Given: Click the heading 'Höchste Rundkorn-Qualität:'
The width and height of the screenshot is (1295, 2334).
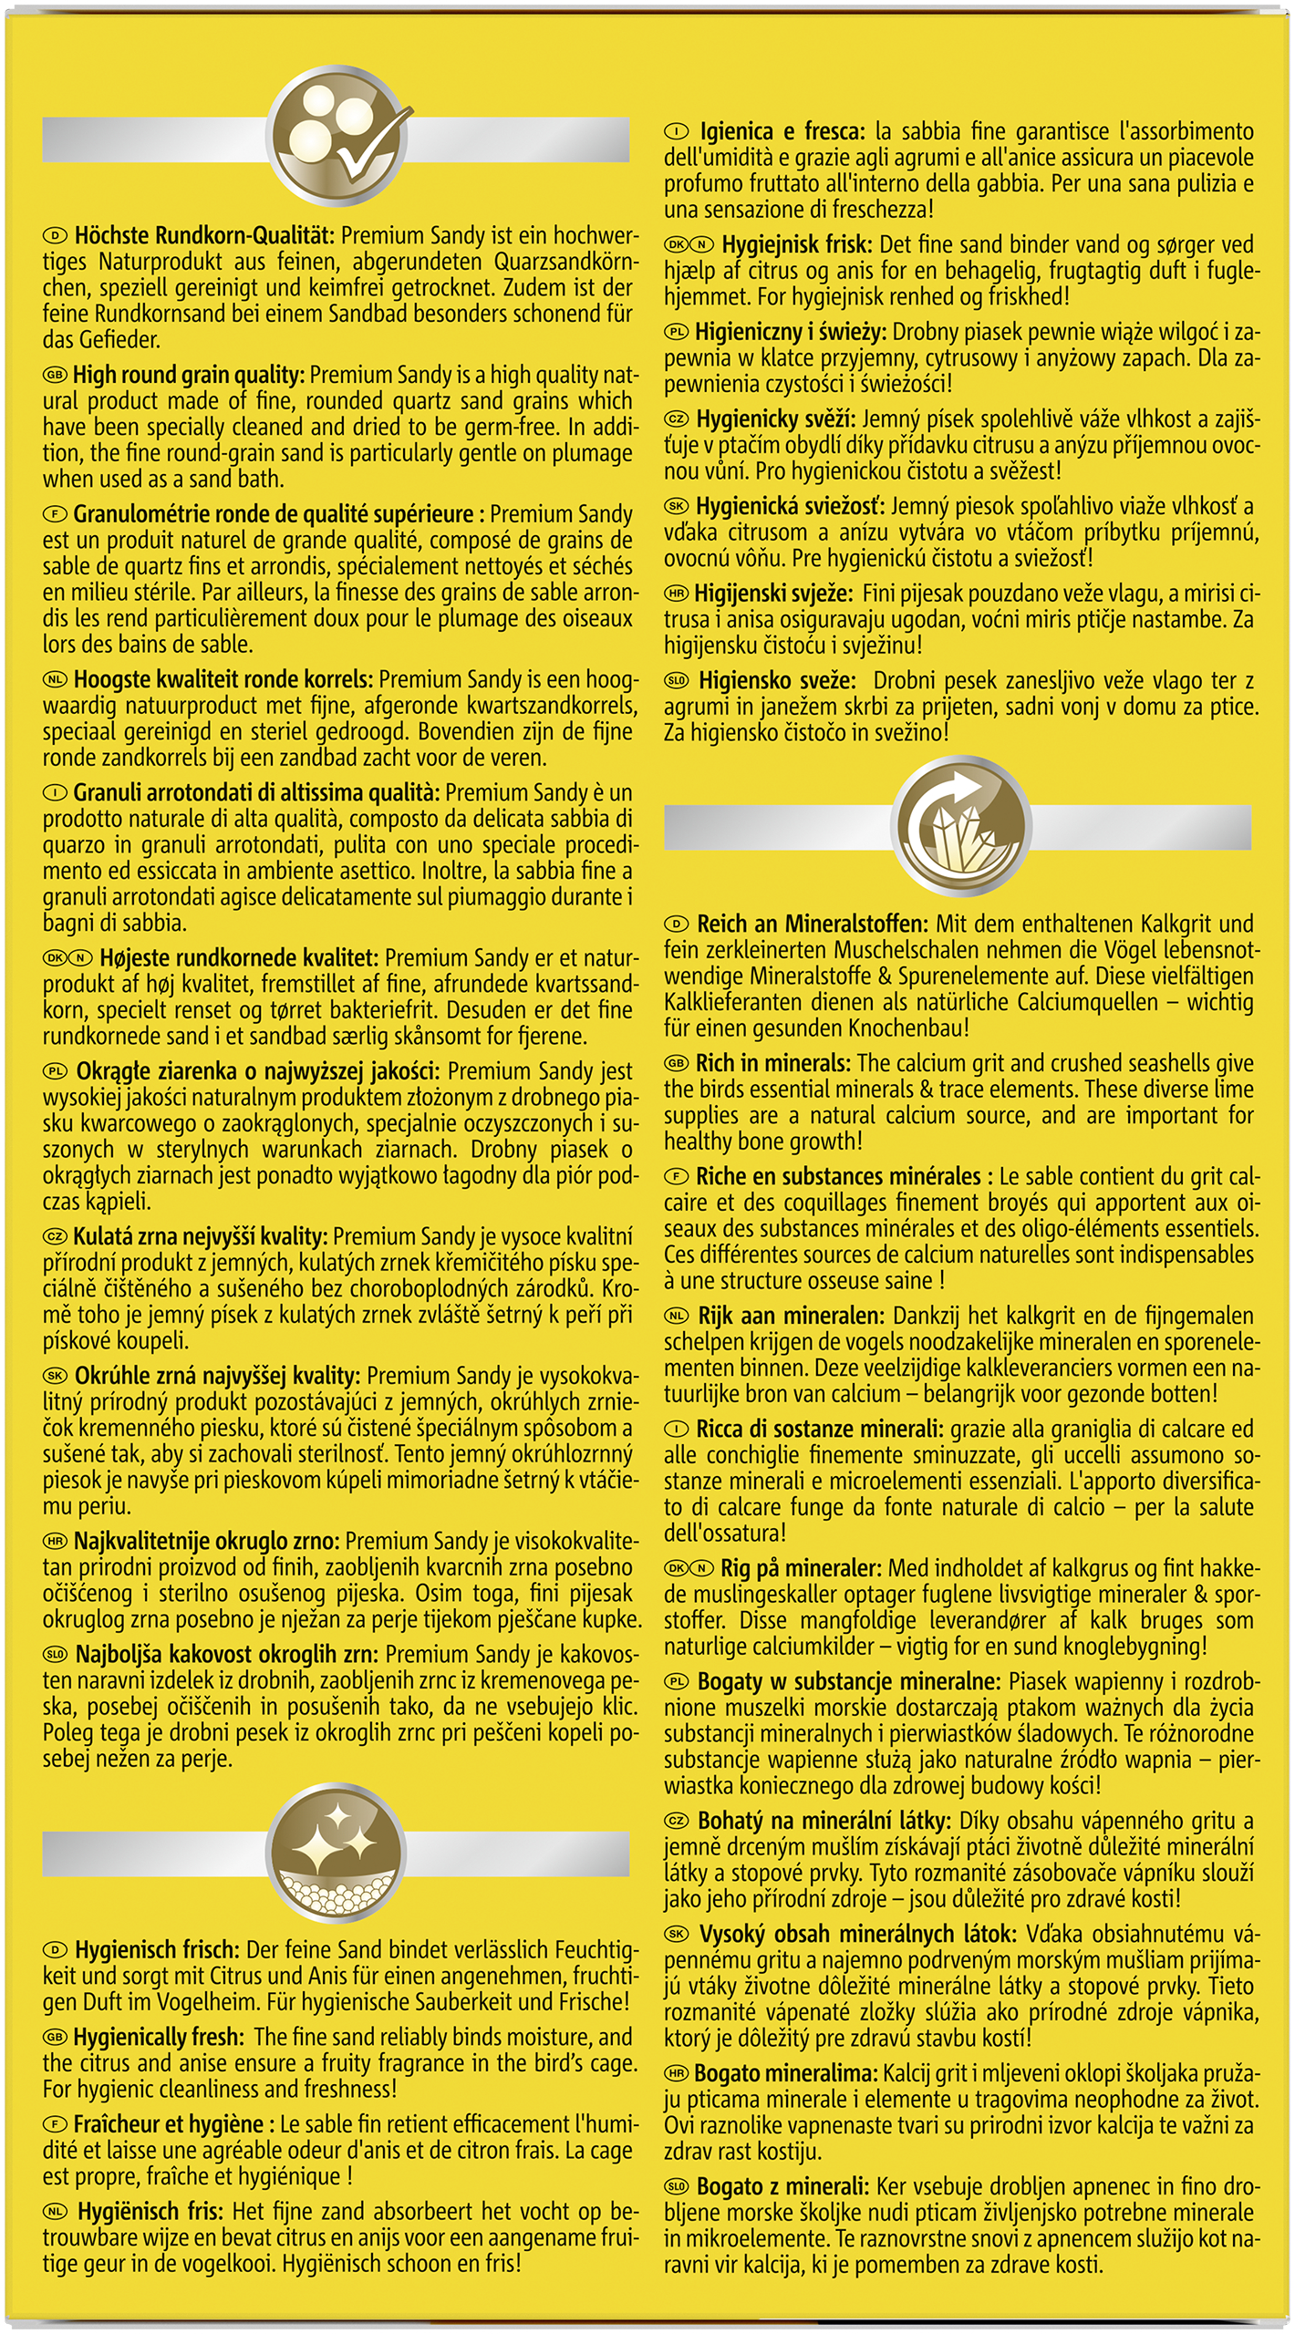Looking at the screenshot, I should pos(207,236).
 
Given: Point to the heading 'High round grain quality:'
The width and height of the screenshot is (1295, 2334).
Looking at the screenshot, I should pos(189,375).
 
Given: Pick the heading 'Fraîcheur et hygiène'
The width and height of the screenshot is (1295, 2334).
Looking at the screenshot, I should pos(169,2123).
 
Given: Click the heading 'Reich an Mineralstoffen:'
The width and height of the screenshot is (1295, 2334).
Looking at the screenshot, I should pos(813,924).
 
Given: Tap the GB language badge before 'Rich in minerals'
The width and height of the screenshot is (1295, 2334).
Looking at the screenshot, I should pos(676,1064).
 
